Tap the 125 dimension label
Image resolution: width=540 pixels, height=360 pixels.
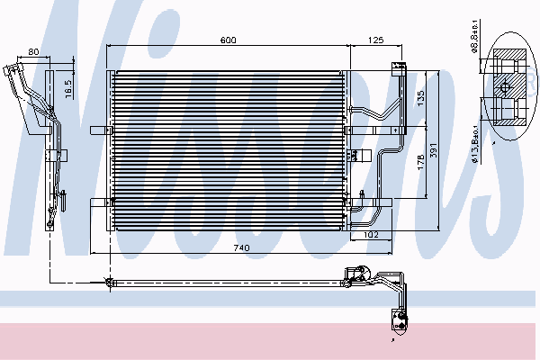(375, 40)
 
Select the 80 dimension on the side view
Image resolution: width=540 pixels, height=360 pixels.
(33, 52)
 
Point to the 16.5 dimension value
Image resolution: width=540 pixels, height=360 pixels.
(68, 88)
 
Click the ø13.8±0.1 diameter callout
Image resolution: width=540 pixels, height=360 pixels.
(475, 140)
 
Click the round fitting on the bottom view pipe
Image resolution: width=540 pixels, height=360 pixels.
(110, 284)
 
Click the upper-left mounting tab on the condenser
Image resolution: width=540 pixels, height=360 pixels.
(105, 75)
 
